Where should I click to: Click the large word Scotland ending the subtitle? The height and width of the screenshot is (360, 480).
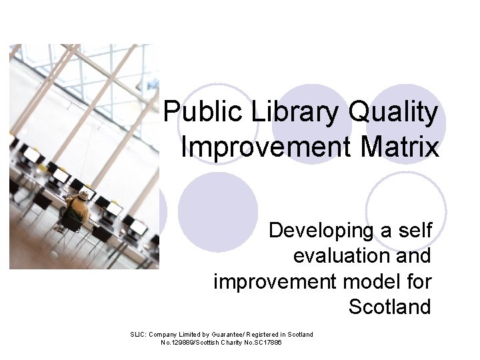(x=389, y=307)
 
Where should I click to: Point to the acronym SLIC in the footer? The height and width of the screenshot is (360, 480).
(x=137, y=334)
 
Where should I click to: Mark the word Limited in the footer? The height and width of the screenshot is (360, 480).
(x=192, y=334)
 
